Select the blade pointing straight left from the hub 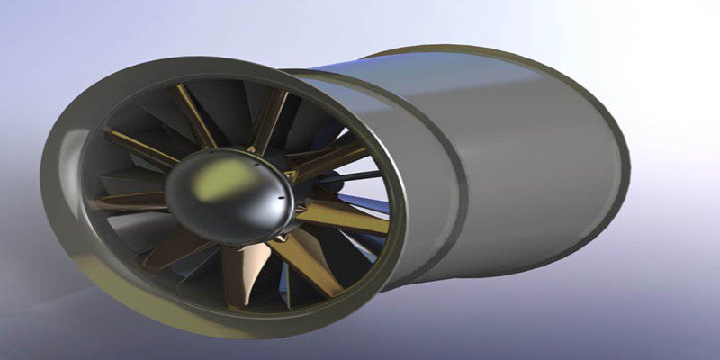pos(126,202)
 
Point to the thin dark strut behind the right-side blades pos(346,175)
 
